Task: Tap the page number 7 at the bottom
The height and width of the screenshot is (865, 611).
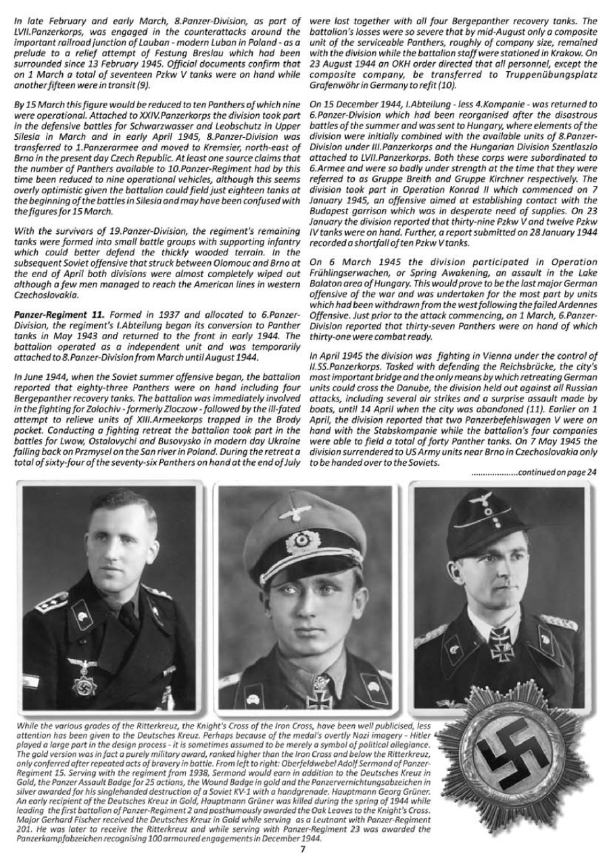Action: (303, 849)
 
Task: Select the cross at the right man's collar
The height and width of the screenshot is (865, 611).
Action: (501, 640)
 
